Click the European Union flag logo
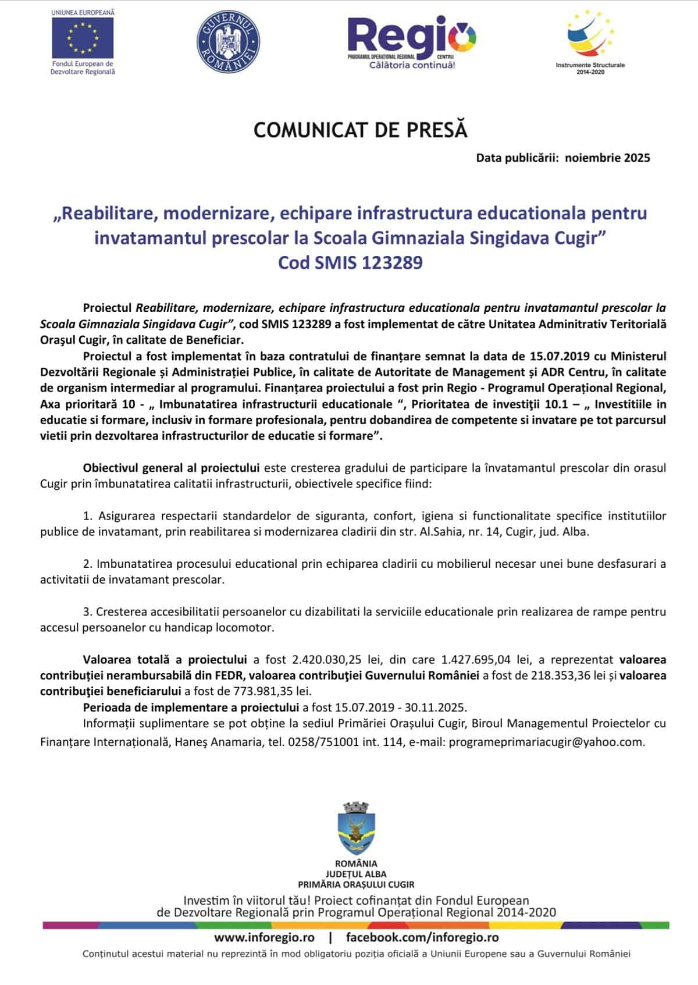click(82, 38)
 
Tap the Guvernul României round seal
click(229, 42)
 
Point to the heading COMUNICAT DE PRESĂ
click(360, 130)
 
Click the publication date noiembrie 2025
click(607, 157)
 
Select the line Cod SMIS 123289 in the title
click(350, 263)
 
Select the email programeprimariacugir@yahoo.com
click(546, 742)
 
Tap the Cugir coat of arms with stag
click(356, 830)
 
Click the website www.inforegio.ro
click(264, 937)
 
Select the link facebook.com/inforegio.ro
click(422, 937)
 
